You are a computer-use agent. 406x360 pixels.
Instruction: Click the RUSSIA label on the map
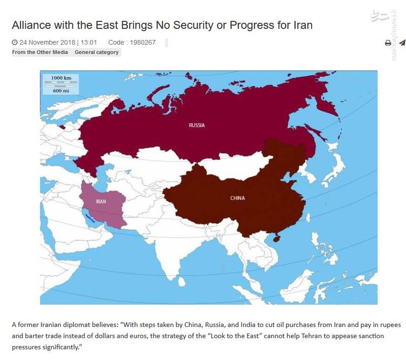[197, 125]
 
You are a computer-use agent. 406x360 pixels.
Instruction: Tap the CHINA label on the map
[237, 198]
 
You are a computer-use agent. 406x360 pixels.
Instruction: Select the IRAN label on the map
[100, 202]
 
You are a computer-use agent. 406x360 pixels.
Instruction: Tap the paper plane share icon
[402, 43]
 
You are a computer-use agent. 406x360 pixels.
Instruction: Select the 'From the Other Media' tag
[40, 52]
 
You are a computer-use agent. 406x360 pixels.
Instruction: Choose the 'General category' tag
[96, 52]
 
